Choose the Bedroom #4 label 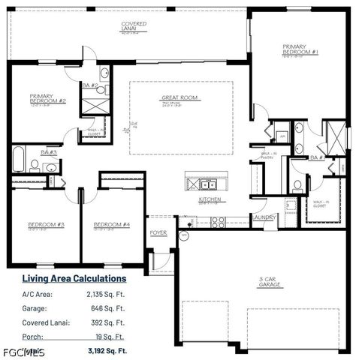111,224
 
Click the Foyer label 158,232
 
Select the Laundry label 264,217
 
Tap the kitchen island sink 207,184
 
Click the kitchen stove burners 219,221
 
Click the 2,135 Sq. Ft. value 106,294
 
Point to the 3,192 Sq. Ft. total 107,350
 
